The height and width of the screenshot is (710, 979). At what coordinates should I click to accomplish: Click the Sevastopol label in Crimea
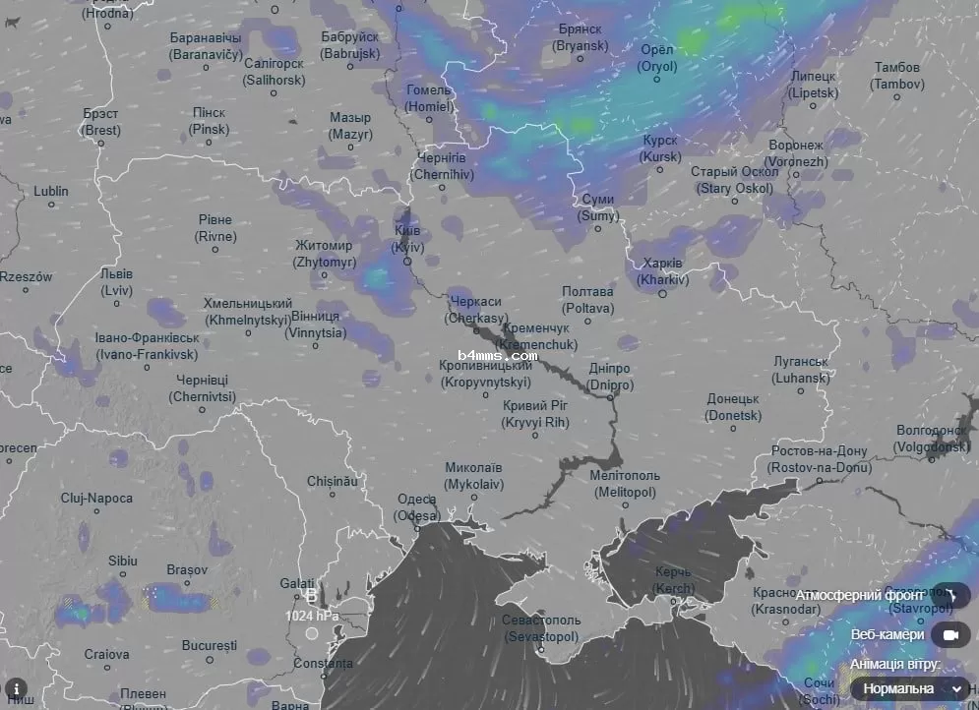[x=541, y=629]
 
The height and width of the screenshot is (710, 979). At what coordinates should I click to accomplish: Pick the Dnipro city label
[x=609, y=377]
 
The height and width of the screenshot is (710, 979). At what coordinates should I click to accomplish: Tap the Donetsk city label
[x=733, y=408]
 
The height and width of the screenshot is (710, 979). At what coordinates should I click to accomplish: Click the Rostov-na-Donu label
[x=819, y=459]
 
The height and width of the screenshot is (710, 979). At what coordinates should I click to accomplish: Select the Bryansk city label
[x=580, y=38]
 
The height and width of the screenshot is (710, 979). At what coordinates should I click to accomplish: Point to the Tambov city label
[x=897, y=76]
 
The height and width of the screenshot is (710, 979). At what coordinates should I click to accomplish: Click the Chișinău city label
[x=333, y=482]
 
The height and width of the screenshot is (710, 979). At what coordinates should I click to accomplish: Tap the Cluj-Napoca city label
[x=96, y=499]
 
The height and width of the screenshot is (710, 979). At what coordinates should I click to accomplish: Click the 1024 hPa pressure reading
[x=312, y=616]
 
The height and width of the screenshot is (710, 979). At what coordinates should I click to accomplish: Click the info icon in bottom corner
[x=16, y=688]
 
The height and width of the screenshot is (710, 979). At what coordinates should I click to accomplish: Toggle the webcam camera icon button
[x=950, y=635]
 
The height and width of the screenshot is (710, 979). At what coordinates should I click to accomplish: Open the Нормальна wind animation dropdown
[x=911, y=688]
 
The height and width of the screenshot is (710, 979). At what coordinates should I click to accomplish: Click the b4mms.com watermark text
[x=498, y=355]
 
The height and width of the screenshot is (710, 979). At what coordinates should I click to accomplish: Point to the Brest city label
[x=101, y=122]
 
